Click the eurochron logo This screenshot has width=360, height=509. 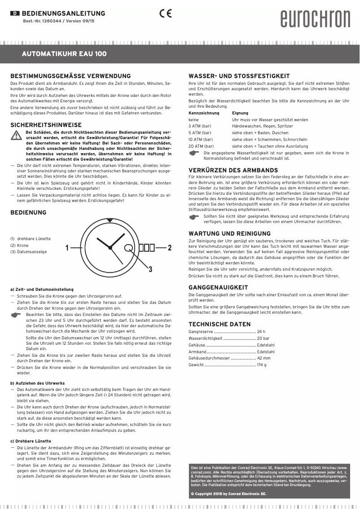coord(315,19)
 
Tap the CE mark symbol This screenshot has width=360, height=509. coord(165,13)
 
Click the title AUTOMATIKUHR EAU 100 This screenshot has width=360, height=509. coord(64,54)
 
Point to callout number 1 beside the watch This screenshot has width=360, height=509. coord(67,248)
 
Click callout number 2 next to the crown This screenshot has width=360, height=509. coord(170,247)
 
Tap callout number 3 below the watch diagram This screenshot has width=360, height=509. coord(150,269)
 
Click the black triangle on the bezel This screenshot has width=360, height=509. coord(110,220)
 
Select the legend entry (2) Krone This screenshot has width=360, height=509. coord(19,246)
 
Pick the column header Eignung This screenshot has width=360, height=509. coord(240,114)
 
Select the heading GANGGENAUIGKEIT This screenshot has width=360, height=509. coord(218,287)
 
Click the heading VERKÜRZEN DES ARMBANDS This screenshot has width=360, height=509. coord(233,171)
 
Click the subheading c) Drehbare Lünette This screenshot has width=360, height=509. coord(30,441)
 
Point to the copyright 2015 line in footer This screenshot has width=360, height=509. coord(228,494)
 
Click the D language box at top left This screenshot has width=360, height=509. coord(14,13)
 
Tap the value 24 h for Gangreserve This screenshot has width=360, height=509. coord(261,332)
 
